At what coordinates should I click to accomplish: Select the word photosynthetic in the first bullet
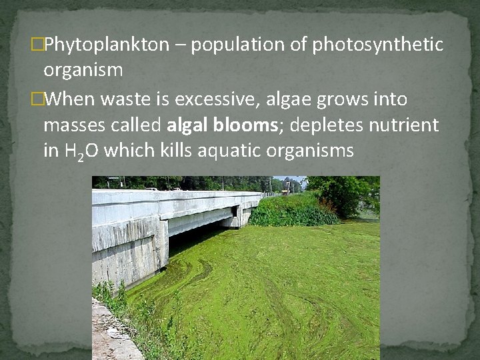[377, 45]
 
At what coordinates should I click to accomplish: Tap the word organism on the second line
[83, 70]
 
